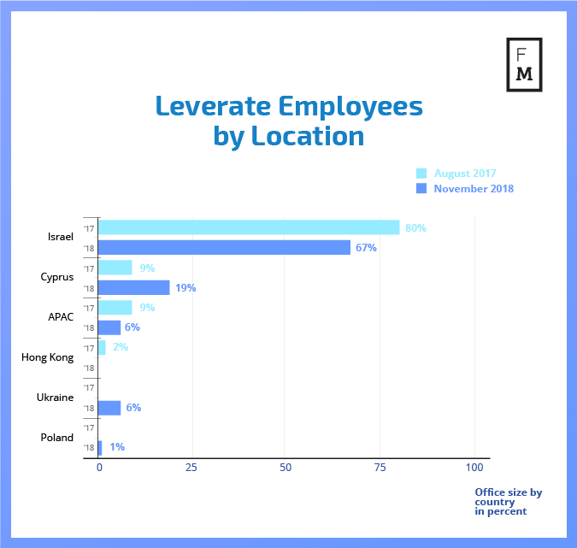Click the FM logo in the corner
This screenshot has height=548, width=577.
click(x=525, y=64)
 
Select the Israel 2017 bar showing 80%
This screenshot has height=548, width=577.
click(x=249, y=227)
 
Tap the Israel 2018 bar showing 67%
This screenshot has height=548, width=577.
click(x=224, y=248)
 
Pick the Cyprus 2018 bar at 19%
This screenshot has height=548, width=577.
click(x=134, y=287)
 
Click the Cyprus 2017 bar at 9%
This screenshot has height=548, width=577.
click(x=115, y=268)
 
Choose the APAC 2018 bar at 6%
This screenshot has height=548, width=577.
click(x=109, y=327)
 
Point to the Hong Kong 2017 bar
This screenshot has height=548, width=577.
click(x=102, y=347)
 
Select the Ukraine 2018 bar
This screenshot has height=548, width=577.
click(x=109, y=408)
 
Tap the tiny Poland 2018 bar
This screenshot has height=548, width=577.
click(x=100, y=447)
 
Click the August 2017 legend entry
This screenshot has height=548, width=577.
click(x=464, y=173)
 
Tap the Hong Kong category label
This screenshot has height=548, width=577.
click(x=47, y=357)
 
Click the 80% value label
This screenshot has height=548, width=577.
click(x=415, y=228)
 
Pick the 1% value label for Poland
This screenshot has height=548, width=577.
click(x=117, y=447)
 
